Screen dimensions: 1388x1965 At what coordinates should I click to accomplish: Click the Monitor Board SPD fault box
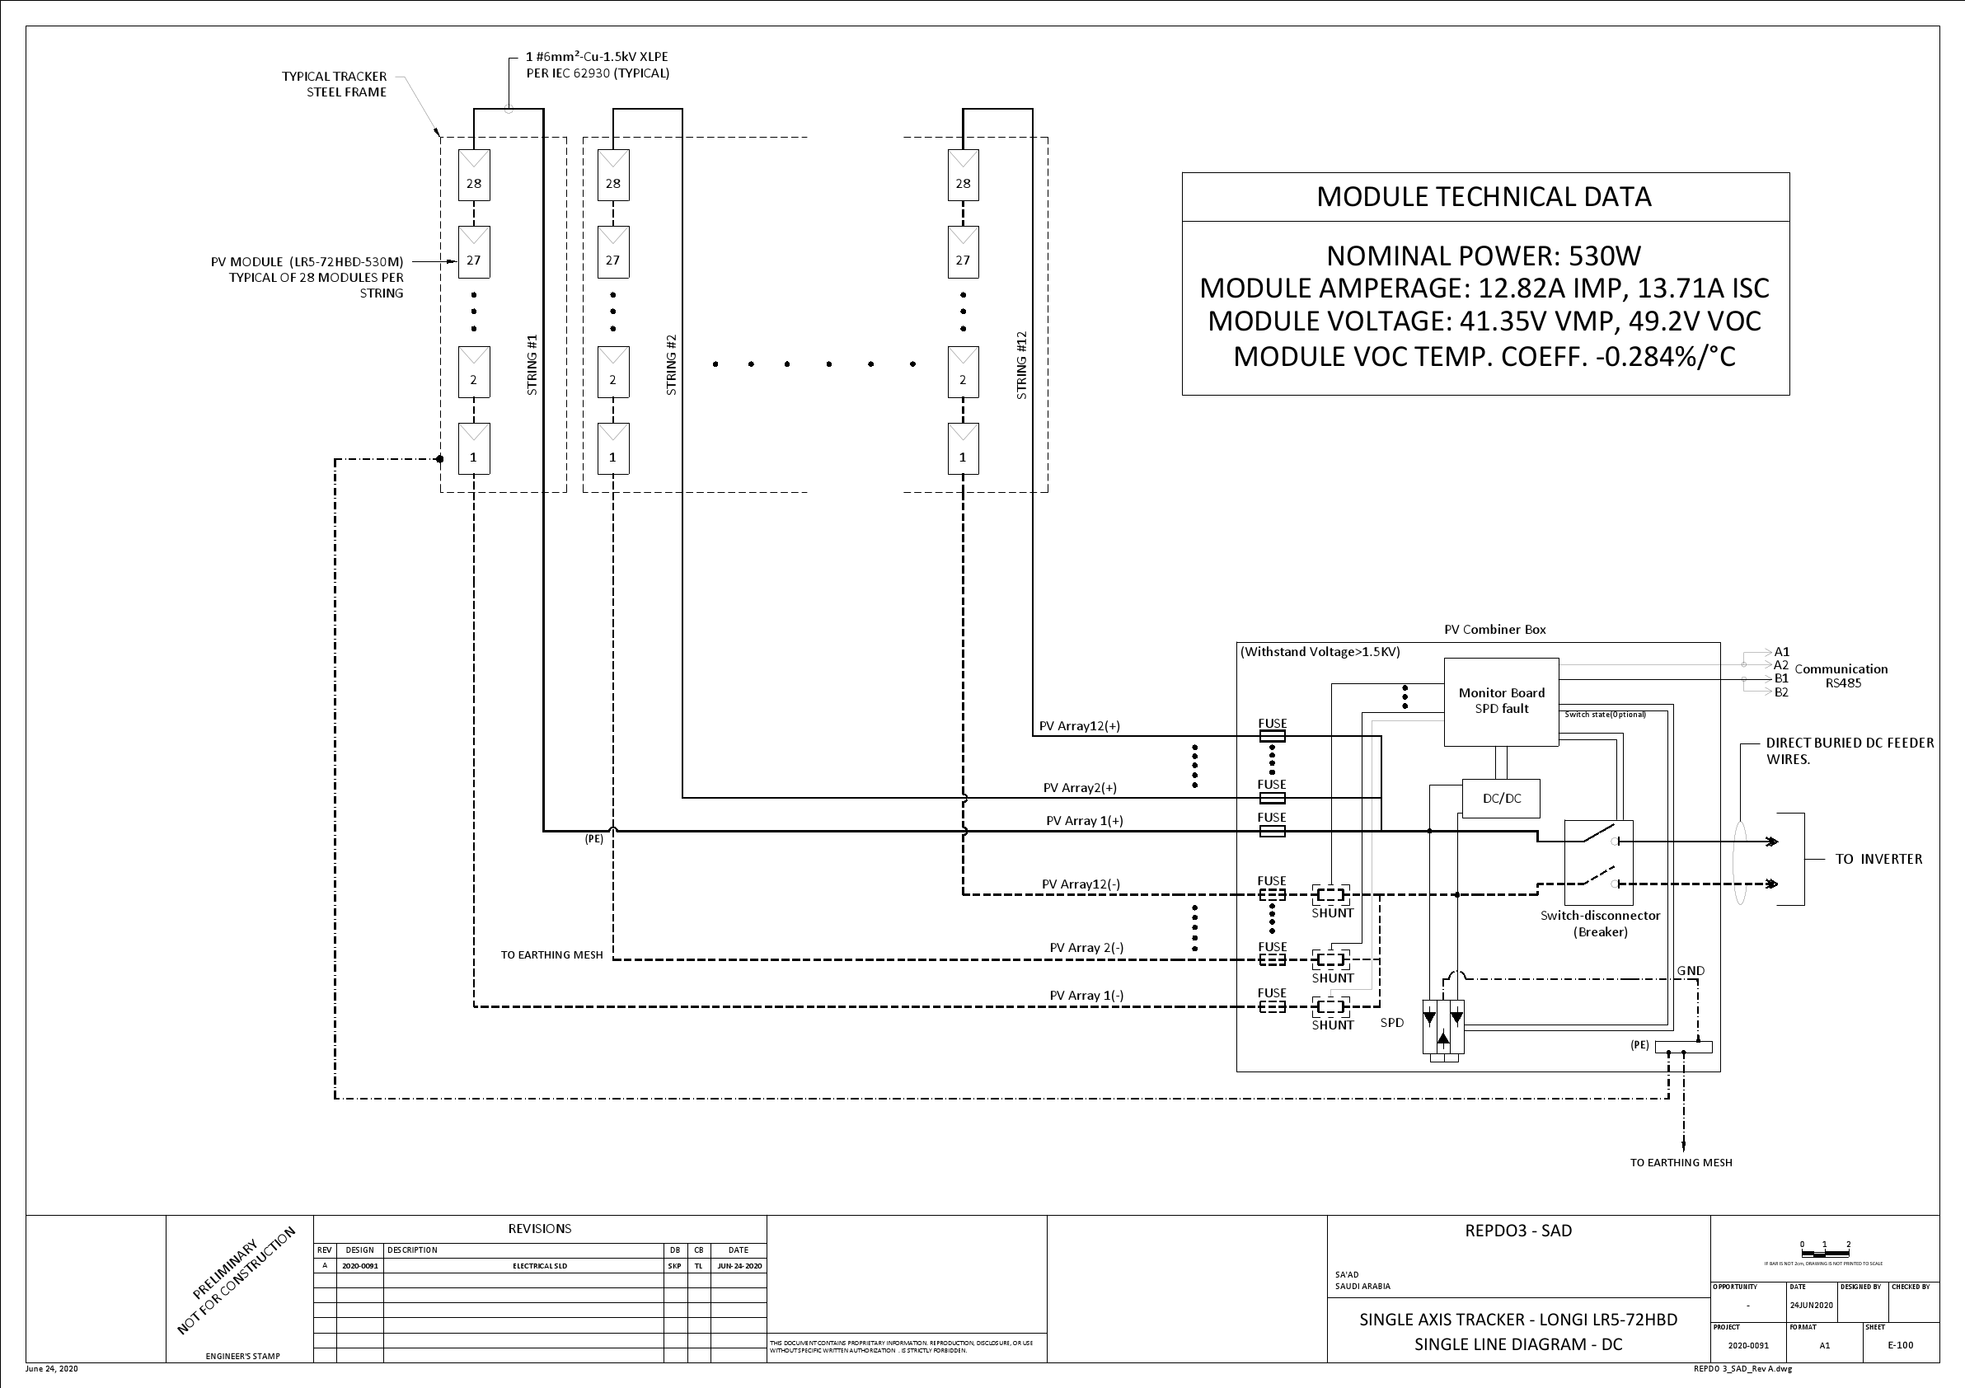coord(1500,701)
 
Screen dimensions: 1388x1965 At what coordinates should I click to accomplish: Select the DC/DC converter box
coord(1501,799)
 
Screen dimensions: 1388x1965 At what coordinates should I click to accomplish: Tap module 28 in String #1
coord(473,176)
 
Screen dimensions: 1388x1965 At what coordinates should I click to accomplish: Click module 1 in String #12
coord(963,449)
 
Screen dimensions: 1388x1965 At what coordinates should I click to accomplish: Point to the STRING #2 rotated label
coord(671,364)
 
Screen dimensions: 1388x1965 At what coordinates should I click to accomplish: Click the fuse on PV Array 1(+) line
coord(1272,831)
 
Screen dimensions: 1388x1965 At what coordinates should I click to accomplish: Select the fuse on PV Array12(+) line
coord(1272,736)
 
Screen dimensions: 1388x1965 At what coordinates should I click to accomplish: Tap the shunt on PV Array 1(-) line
coord(1331,1007)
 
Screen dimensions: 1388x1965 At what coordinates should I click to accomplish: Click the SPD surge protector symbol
coord(1443,1030)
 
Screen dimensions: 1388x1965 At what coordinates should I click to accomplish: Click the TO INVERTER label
coord(1878,859)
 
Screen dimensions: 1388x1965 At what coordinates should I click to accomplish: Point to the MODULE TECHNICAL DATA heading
coord(1484,197)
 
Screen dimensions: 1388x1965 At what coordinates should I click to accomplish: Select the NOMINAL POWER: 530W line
coord(1484,256)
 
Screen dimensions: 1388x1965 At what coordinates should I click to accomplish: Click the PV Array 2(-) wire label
coord(1086,947)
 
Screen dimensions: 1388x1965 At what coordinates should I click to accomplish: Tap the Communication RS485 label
coord(1840,676)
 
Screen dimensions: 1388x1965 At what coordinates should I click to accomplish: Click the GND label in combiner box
coord(1691,970)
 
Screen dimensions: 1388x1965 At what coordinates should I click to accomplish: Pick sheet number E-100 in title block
coord(1900,1345)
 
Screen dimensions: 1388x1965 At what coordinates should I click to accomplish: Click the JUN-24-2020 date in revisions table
coord(739,1266)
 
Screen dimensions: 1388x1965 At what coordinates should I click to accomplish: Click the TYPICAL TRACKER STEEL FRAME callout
coord(335,84)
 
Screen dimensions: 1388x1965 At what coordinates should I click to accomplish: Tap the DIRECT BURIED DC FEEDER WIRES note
coord(1849,751)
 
